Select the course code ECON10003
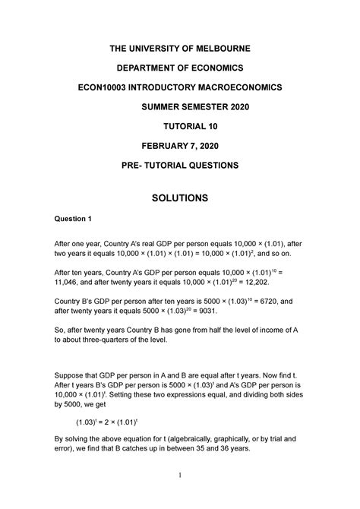[109, 87]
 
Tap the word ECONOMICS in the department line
[218, 68]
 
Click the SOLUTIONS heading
[180, 198]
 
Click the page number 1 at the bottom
[179, 497]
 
